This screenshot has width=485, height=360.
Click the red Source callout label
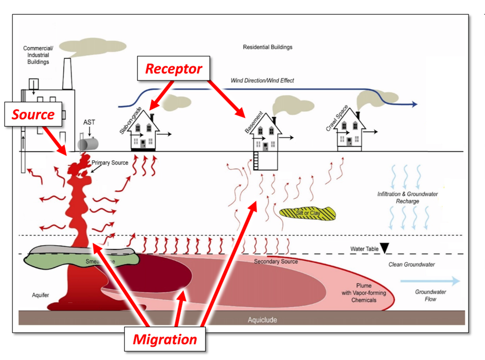click(x=33, y=114)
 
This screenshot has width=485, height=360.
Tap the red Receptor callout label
click(x=173, y=69)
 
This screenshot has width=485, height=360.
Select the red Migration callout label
click(x=165, y=339)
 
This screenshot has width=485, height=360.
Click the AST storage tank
click(x=89, y=144)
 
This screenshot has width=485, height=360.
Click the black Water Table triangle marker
click(x=385, y=247)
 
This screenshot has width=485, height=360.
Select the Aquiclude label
click(x=262, y=320)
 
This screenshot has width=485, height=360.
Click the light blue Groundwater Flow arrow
click(x=430, y=281)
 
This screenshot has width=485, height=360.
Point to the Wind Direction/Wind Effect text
click(x=262, y=81)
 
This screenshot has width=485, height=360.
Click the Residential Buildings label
click(x=267, y=47)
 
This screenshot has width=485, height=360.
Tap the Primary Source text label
click(x=110, y=163)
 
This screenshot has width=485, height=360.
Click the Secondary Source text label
click(x=276, y=262)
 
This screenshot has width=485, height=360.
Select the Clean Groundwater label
click(x=412, y=264)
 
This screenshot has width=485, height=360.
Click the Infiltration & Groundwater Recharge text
click(x=407, y=198)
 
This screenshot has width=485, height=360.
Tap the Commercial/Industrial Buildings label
click(x=38, y=55)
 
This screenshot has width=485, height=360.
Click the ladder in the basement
click(x=256, y=161)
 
